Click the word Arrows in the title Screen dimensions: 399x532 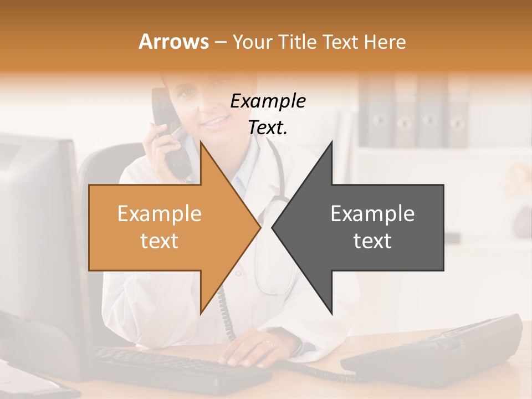[174, 42]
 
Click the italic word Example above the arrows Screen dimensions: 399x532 [268, 101]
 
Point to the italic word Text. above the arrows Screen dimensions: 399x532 [268, 128]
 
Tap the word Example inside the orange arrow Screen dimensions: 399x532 [160, 213]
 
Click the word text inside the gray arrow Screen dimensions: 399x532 [372, 241]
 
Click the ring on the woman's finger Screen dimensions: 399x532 [269, 344]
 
